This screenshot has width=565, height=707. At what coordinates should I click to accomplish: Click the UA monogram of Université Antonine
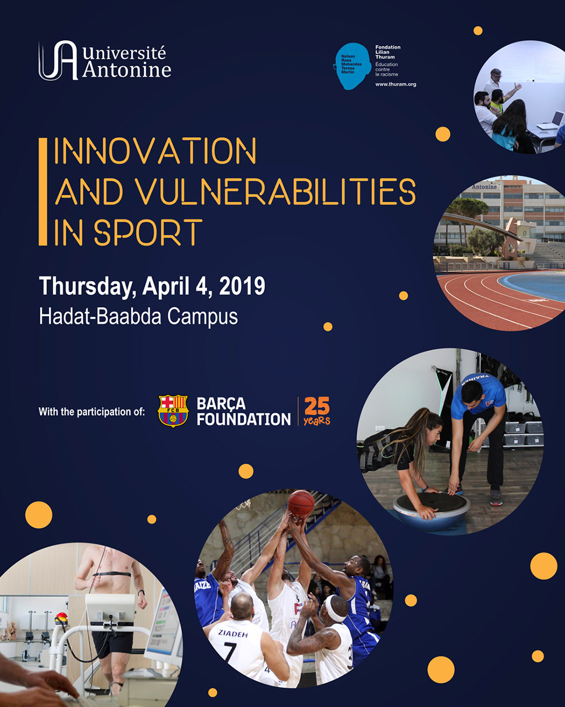[58, 61]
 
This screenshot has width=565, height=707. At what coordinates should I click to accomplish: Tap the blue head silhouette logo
[353, 66]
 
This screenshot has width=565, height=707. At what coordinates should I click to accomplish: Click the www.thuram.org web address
[395, 84]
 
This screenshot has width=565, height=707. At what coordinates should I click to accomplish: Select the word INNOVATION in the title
[155, 152]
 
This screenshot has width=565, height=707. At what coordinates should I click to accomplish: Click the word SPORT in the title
[148, 232]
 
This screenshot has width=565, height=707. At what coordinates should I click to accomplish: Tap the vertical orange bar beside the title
[43, 192]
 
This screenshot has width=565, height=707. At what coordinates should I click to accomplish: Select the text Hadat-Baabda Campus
[138, 316]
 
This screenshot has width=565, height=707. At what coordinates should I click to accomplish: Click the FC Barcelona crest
[173, 411]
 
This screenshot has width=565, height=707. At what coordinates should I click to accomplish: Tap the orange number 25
[316, 406]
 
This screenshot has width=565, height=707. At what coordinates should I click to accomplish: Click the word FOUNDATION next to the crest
[244, 419]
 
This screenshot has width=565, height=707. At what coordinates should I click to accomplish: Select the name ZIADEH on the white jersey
[232, 634]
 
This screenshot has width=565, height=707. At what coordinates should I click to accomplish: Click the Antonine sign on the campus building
[484, 187]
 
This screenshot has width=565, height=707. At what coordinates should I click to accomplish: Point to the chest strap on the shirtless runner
[112, 575]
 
